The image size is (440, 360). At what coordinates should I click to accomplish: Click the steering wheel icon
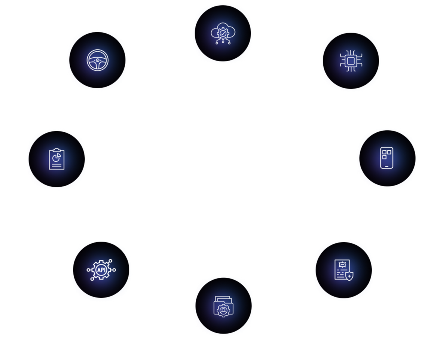(97, 60)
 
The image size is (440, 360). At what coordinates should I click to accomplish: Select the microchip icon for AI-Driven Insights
(351, 61)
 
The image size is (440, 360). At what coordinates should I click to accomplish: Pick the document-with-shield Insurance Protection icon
(343, 269)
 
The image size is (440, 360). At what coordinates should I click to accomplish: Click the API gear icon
(101, 270)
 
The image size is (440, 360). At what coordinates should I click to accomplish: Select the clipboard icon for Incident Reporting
(57, 159)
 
